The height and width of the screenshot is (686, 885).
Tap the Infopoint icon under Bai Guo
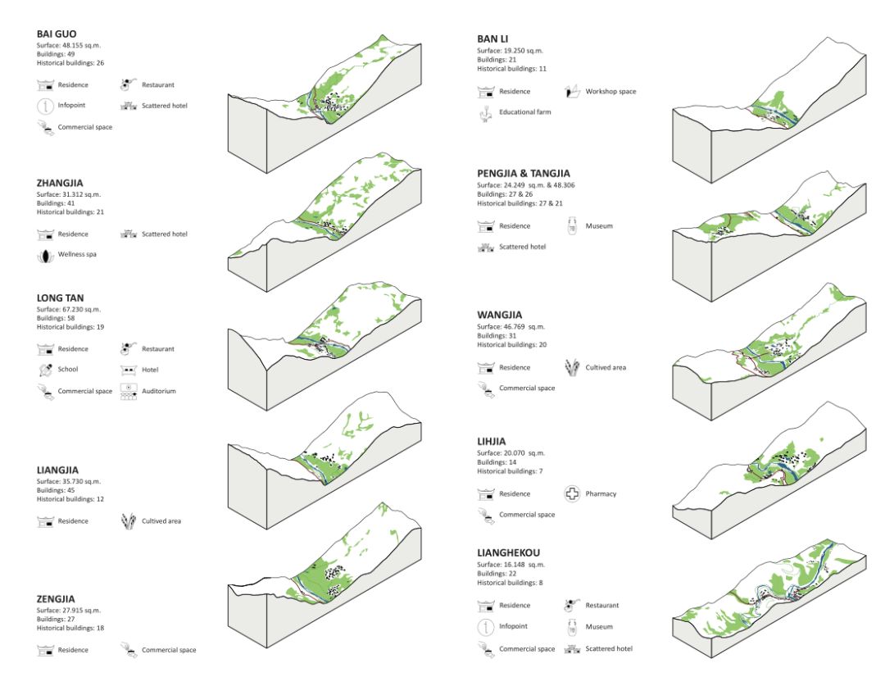click(x=45, y=105)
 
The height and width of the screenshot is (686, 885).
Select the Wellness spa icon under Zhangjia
click(x=45, y=255)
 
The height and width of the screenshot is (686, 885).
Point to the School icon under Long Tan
click(x=45, y=370)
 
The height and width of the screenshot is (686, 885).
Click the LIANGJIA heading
click(x=58, y=470)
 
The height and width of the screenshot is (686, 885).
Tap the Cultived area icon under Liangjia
click(x=127, y=520)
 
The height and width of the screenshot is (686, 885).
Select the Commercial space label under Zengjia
click(x=169, y=650)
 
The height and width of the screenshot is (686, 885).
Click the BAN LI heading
click(x=492, y=39)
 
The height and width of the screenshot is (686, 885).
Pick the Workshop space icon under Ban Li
click(x=572, y=91)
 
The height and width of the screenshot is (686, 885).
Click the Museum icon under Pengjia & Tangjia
click(x=572, y=225)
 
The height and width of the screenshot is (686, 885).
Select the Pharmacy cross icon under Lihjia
click(x=572, y=493)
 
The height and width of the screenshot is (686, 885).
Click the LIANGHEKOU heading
click(x=513, y=553)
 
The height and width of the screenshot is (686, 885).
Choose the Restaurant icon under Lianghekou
click(x=572, y=606)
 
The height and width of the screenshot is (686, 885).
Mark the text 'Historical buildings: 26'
click(x=70, y=63)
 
